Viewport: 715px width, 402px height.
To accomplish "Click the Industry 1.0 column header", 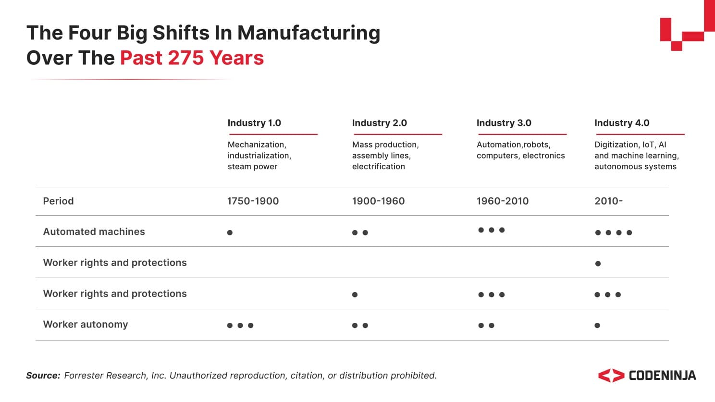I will pos(254,123).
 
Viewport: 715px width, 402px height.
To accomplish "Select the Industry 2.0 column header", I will pos(379,123).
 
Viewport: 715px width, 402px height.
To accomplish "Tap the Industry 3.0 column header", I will pos(504,123).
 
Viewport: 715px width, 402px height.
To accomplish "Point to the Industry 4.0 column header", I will pos(622,123).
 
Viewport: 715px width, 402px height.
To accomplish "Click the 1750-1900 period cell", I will pos(253,201).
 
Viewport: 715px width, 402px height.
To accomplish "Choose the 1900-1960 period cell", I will pos(378,201).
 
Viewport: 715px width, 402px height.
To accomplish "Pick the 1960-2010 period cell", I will pos(502,201).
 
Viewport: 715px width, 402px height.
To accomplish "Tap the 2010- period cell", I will pos(608,201).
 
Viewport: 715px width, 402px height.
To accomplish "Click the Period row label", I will pos(58,201).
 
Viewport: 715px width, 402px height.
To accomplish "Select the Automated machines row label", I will pos(94,231).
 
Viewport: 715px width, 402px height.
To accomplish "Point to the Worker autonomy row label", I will pos(86,324).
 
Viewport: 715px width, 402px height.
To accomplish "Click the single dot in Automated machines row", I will pos(230,233).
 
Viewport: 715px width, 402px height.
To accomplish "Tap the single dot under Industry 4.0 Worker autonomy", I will pos(597,326).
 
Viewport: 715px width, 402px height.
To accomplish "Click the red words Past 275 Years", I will pos(192,58).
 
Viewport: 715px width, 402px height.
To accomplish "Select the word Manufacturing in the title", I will pos(308,33).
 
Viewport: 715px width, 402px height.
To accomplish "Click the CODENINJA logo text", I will pos(662,376).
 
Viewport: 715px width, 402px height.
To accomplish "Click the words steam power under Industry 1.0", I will pos(252,167).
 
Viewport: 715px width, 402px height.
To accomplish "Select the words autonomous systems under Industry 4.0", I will pos(635,167).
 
